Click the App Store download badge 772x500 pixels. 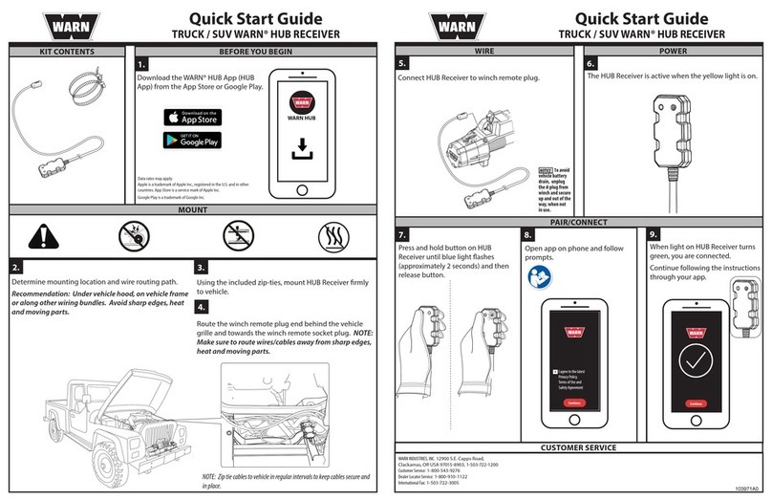(191, 116)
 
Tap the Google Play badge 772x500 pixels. (191, 140)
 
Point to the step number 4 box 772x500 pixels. (201, 307)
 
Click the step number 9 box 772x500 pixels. (654, 235)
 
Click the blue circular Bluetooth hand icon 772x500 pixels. (537, 277)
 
